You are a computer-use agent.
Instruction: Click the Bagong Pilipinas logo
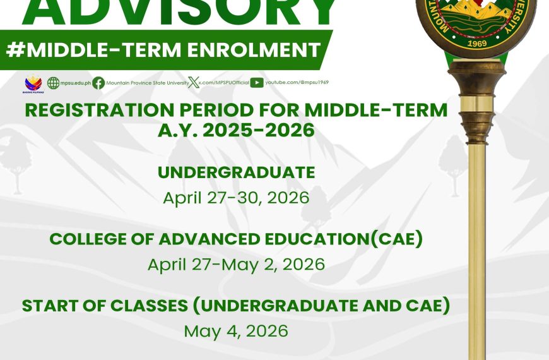pos(33,83)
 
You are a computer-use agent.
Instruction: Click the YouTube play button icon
pos(257,83)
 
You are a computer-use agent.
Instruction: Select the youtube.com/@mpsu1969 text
pos(297,83)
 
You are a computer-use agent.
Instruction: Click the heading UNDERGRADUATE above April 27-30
pos(236,172)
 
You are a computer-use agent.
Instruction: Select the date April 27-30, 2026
pos(236,198)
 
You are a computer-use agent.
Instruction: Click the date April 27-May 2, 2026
pos(236,264)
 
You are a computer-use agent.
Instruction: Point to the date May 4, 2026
pos(236,330)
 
